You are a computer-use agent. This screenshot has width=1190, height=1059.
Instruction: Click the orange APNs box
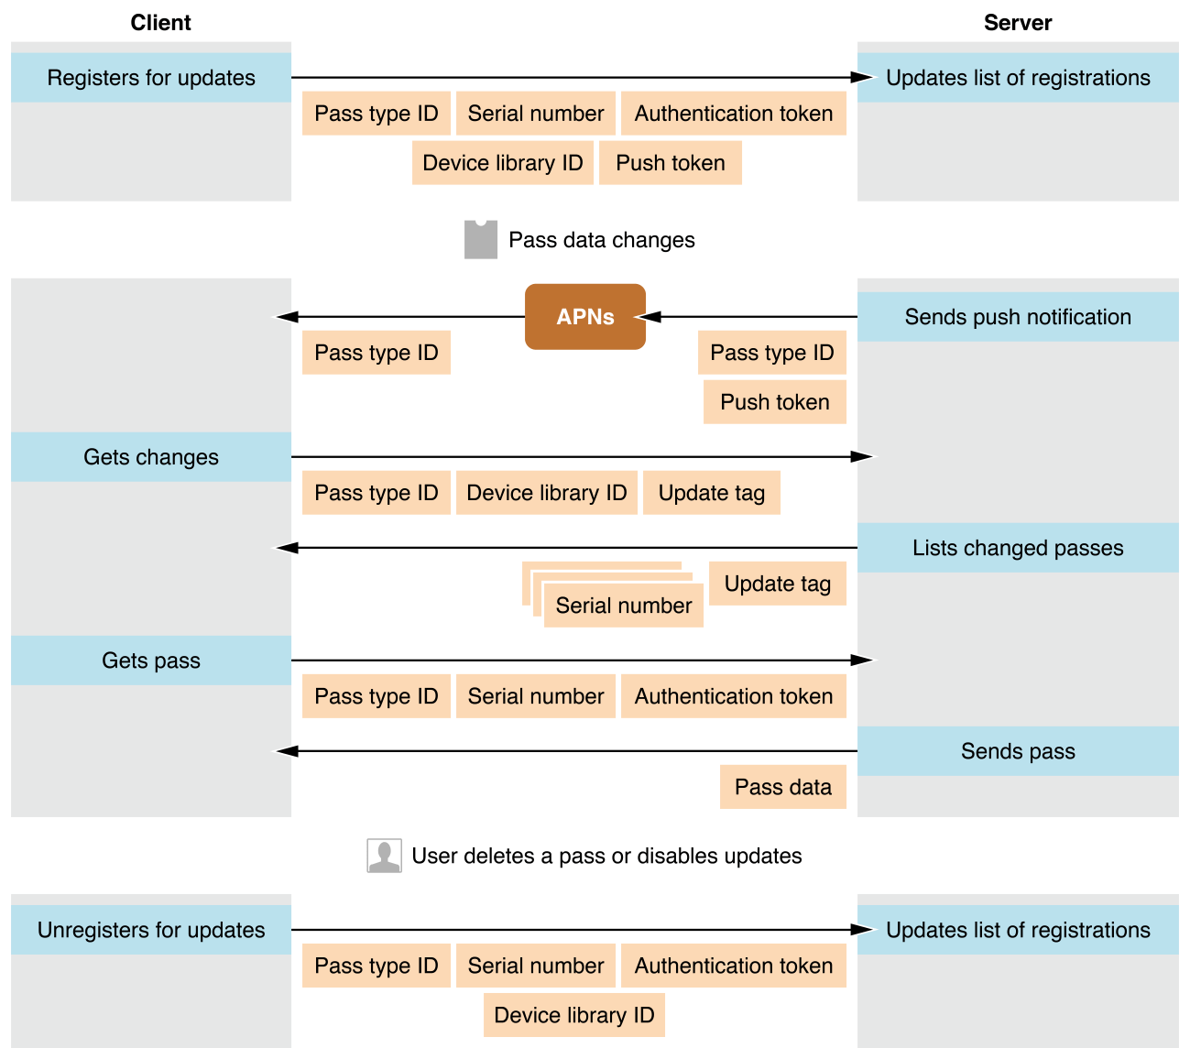tap(584, 317)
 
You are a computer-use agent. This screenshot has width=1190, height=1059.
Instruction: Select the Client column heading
tap(160, 23)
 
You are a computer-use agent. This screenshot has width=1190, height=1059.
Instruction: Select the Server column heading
tap(1017, 23)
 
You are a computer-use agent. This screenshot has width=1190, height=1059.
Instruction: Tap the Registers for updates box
tap(151, 78)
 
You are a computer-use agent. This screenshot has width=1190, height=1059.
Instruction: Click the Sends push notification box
tap(1017, 317)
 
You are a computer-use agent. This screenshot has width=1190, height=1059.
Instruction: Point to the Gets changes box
tap(151, 457)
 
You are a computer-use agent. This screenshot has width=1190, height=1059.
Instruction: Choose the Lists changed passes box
tap(1017, 548)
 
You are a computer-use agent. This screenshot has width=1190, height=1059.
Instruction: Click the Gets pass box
tap(151, 661)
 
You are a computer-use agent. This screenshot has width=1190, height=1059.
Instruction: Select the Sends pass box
tap(1017, 751)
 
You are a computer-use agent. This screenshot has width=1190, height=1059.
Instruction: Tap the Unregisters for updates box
tap(151, 930)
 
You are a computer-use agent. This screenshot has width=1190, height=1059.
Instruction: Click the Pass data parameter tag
tap(782, 787)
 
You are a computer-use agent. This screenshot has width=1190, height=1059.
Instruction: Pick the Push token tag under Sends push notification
tap(774, 402)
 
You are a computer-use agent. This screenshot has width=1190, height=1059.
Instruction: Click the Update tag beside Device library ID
tap(711, 493)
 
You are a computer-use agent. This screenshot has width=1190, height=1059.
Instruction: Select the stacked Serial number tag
tap(623, 606)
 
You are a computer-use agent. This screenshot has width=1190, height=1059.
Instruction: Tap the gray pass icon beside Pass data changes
tap(480, 240)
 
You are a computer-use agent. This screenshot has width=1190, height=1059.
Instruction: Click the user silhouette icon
tap(384, 856)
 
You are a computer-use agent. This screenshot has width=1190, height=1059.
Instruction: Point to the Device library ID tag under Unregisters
tap(573, 1015)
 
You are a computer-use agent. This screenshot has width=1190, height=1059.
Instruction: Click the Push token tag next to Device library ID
tap(670, 163)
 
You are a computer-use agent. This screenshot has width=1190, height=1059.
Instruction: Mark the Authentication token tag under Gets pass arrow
tap(733, 696)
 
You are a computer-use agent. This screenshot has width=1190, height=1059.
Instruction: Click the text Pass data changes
tap(601, 240)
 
